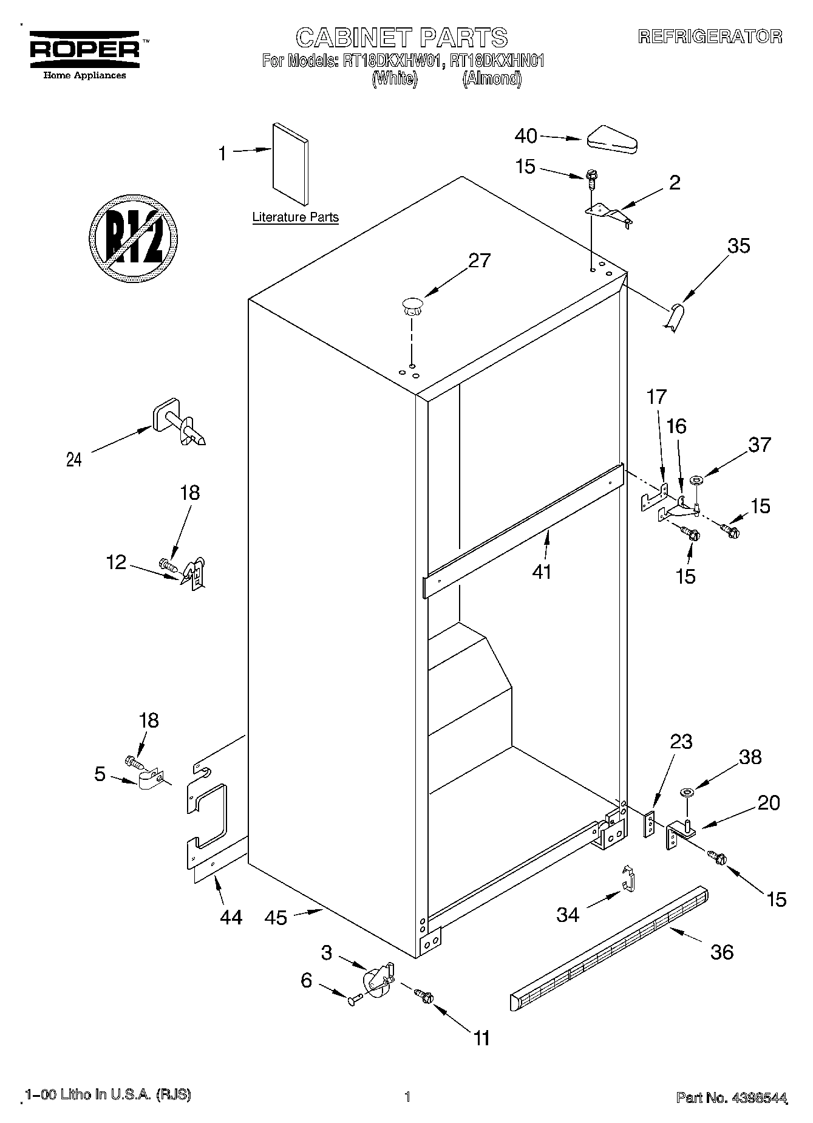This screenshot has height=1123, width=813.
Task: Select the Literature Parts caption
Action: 295,217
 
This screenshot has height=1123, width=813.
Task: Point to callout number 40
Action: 526,135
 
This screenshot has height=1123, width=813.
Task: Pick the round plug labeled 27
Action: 412,305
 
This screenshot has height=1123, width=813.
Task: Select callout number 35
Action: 739,245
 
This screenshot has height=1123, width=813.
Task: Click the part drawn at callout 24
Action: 178,423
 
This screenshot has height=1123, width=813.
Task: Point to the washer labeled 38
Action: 687,792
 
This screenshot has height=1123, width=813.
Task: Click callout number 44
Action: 231,916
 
